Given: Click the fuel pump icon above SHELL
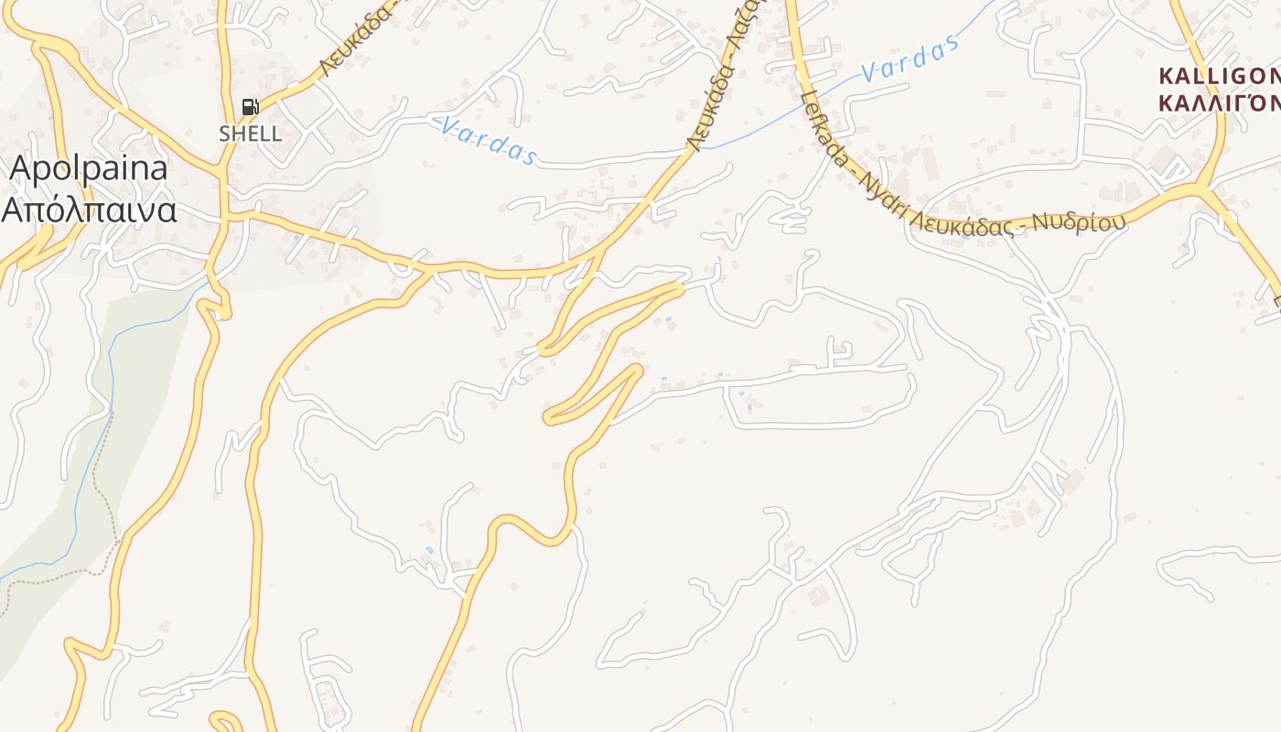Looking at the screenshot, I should [x=250, y=107].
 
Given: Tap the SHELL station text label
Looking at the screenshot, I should [x=250, y=134].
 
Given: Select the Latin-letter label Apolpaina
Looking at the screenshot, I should [x=89, y=169].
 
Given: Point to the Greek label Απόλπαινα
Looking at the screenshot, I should [x=89, y=210].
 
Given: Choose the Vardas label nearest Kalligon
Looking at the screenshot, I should [x=911, y=59].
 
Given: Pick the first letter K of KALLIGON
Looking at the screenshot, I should [x=1166, y=75].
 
